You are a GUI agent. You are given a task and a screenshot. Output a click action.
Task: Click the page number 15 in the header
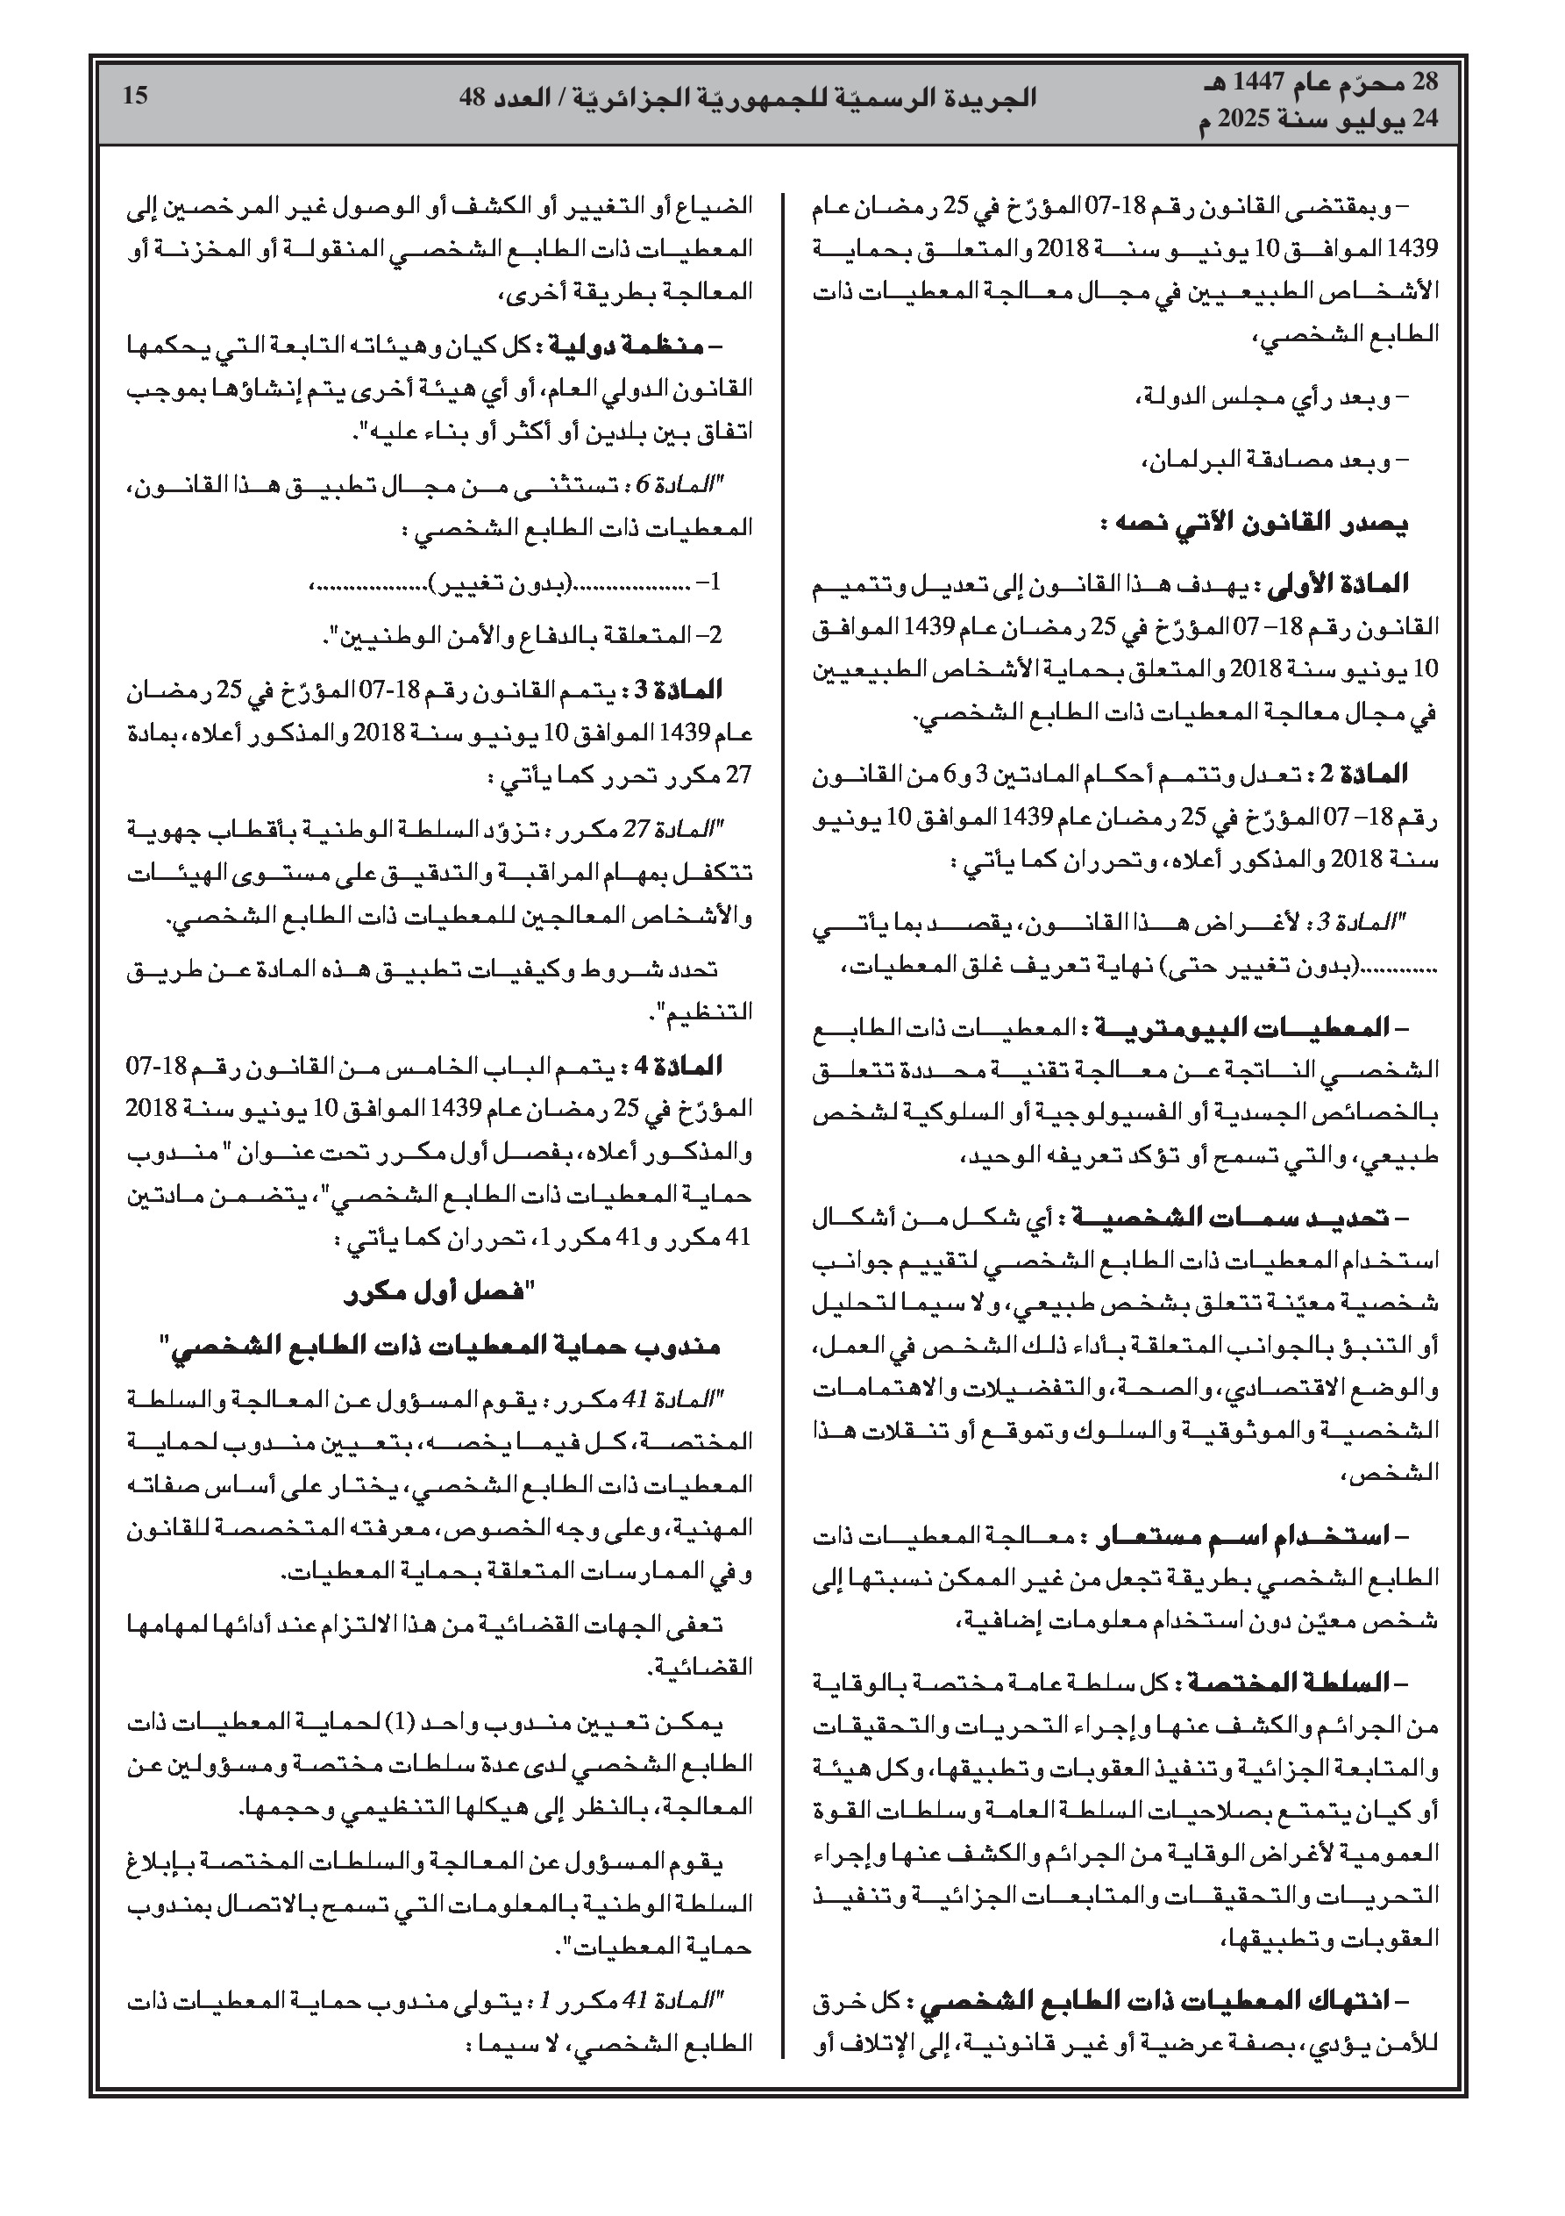(136, 95)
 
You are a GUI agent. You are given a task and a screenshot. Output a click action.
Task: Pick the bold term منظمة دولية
(626, 345)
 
